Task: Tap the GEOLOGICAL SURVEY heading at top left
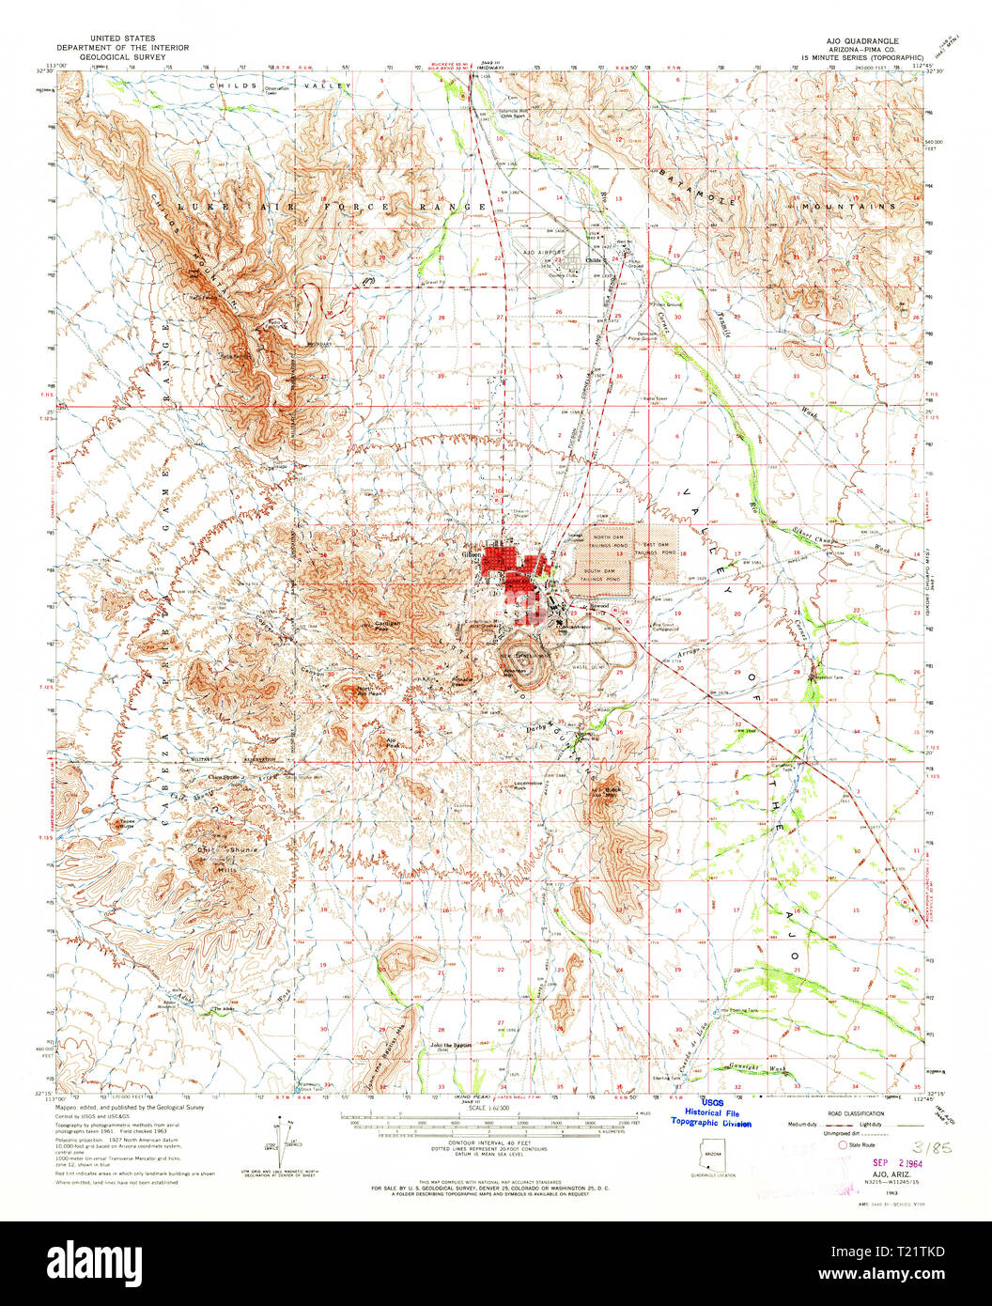[x=122, y=57]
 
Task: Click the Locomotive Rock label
[x=532, y=784]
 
